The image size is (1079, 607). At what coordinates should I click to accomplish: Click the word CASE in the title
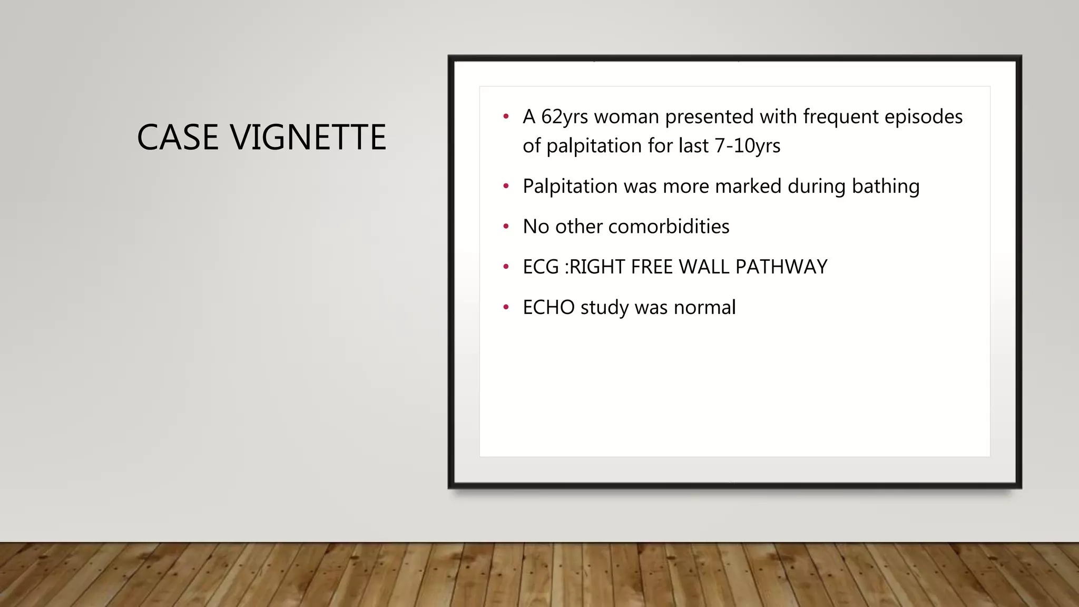click(x=177, y=138)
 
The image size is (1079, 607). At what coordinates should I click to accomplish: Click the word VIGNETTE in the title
click(x=308, y=138)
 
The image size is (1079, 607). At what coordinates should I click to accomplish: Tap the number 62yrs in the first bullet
click(x=564, y=117)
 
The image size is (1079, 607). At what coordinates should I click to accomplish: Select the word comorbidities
click(x=669, y=227)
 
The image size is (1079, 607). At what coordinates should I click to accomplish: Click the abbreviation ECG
click(x=541, y=267)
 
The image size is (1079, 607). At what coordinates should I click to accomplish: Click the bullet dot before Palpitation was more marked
click(x=506, y=186)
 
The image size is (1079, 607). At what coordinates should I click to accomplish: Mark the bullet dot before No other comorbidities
click(x=506, y=227)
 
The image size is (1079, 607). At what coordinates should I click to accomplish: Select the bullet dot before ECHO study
click(x=506, y=307)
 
